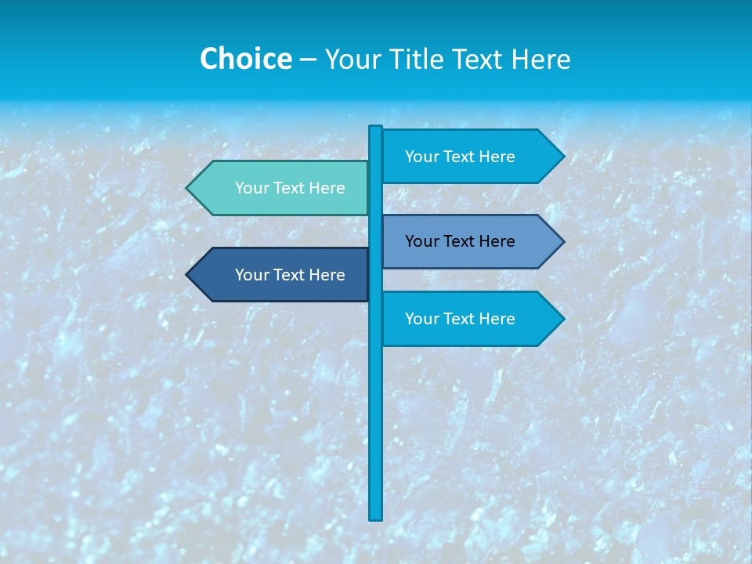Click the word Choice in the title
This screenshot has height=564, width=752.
point(245,60)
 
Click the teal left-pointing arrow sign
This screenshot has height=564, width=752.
point(282,188)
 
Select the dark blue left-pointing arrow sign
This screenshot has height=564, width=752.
point(282,275)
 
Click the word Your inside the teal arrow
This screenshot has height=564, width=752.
point(251,188)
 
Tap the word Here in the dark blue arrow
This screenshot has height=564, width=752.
point(327,275)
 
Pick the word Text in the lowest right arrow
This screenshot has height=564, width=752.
point(460,319)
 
